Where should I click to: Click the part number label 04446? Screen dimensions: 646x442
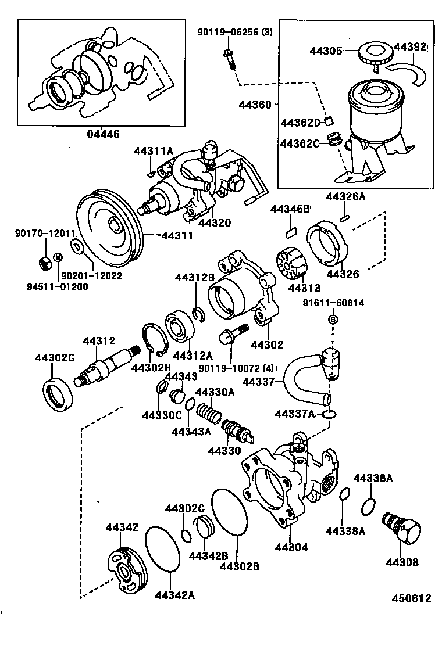tap(103, 134)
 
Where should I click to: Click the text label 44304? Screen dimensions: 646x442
tap(291, 547)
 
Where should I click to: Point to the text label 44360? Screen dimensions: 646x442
tap(255, 105)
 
